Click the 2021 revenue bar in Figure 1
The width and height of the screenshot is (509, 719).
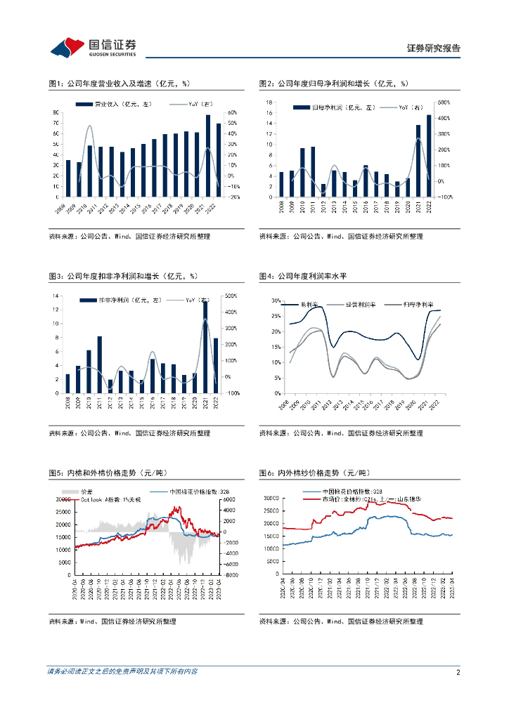tap(208, 155)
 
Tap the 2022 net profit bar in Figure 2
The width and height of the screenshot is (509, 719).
tap(429, 156)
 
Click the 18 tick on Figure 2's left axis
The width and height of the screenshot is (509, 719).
tap(269, 103)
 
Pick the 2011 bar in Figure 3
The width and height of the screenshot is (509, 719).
tap(100, 364)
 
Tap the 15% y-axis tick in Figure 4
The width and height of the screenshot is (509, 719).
tap(275, 347)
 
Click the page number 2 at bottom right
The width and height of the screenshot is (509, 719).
tap(458, 672)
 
